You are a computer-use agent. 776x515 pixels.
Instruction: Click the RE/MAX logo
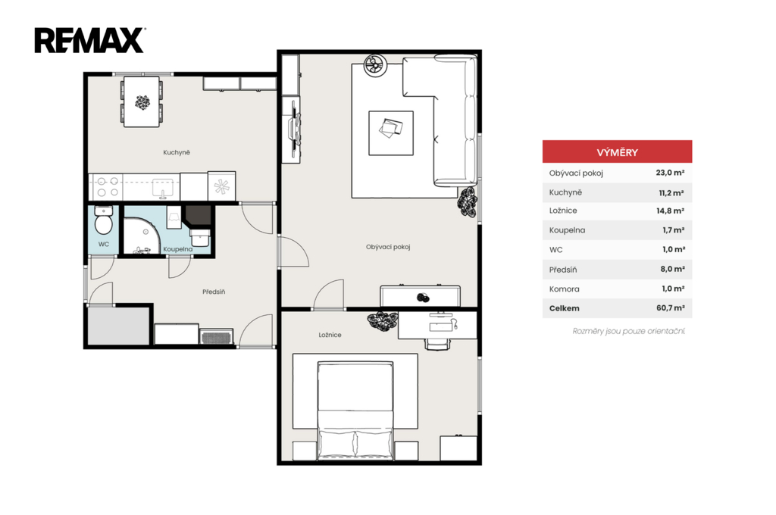[x=89, y=40]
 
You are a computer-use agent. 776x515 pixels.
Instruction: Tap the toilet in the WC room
[x=103, y=220]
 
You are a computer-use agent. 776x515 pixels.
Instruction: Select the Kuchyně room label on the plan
[x=177, y=152]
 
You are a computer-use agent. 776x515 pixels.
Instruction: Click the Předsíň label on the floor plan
[x=214, y=292]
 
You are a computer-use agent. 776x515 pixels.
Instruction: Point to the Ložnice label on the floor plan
[x=330, y=335]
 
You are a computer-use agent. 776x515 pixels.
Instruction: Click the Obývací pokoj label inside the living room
[x=388, y=247]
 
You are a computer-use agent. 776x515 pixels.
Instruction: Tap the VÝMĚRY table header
[x=617, y=152]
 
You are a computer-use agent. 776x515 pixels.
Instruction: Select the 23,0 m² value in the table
[x=670, y=173]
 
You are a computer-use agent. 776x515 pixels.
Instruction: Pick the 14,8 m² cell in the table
[x=671, y=211]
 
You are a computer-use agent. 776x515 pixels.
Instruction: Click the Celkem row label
[x=564, y=308]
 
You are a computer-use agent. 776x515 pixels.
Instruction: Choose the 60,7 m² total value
[x=671, y=307]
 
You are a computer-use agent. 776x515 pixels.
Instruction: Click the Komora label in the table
[x=564, y=289]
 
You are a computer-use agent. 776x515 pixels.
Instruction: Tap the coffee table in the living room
[x=391, y=133]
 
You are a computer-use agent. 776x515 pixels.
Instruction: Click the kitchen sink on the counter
[x=162, y=189]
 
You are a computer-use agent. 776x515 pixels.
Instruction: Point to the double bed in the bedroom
[x=355, y=410]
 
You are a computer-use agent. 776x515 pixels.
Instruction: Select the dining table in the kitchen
[x=142, y=101]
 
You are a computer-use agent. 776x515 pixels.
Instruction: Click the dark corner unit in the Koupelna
[x=198, y=215]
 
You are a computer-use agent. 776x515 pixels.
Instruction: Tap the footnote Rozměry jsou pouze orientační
[x=628, y=331]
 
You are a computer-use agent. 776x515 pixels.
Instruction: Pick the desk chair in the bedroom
[x=437, y=344]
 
